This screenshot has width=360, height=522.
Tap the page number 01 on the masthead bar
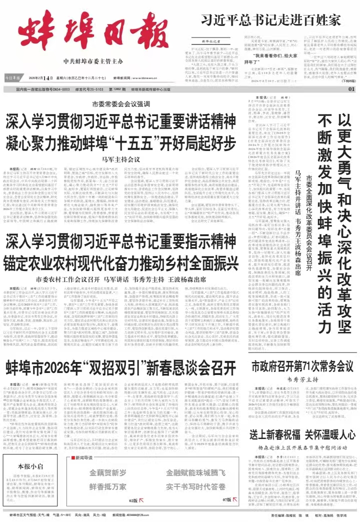[x=351, y=89]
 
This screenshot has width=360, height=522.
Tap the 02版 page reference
[x=133, y=499]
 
